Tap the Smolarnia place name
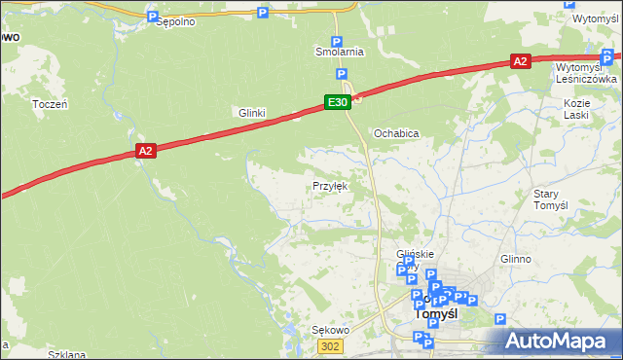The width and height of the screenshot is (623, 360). pos(339,52)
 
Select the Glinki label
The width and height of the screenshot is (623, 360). pos(253,113)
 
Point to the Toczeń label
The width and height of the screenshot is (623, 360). pos(50,104)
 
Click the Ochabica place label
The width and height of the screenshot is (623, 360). pos(396,133)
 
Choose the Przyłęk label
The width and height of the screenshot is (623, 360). pos(329,185)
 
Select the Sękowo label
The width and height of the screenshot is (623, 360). pos(329,331)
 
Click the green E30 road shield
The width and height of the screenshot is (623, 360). pos(337,102)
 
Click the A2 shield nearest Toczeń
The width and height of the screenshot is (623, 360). pos(145,150)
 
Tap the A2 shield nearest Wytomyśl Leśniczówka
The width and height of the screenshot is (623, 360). pos(521,61)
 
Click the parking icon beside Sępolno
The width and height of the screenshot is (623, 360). pos(152,17)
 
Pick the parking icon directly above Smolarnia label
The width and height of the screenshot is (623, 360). pos(337,42)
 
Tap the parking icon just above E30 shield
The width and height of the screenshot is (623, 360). pos(342,75)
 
